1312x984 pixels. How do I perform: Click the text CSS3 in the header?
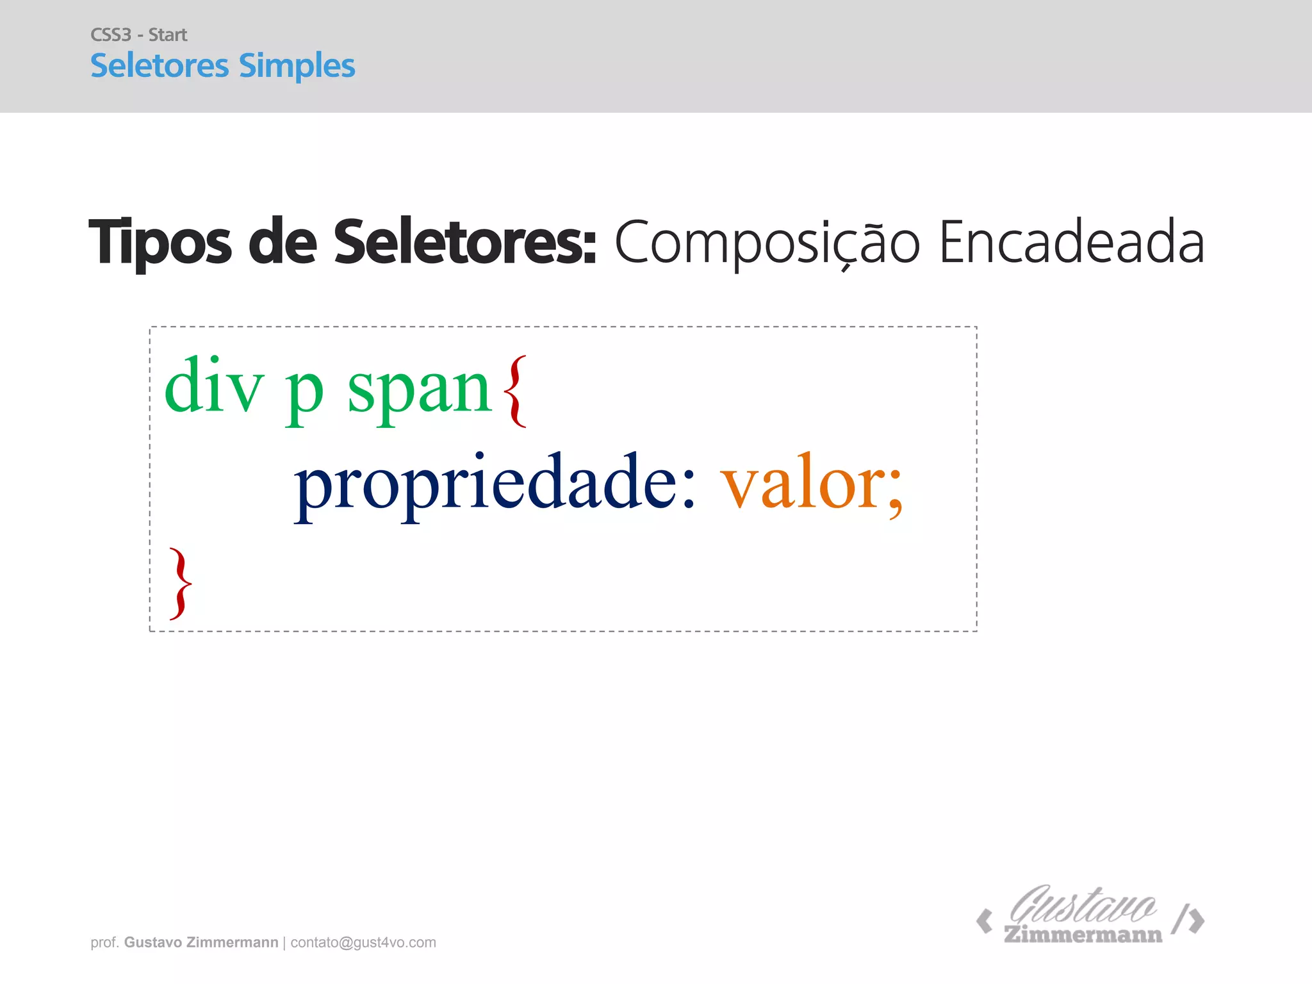[111, 35]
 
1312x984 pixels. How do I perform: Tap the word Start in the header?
[168, 35]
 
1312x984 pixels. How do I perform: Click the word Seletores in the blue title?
[160, 66]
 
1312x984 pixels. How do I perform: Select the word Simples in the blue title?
[297, 66]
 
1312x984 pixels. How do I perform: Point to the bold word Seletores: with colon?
[465, 242]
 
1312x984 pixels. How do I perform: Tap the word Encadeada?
[1071, 242]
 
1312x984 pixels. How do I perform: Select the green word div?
[214, 387]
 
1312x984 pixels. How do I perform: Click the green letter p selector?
[304, 393]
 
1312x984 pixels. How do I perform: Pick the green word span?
[420, 391]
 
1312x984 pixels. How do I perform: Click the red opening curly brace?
[515, 391]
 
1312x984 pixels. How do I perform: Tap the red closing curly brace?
[180, 583]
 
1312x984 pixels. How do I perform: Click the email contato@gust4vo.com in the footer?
[363, 942]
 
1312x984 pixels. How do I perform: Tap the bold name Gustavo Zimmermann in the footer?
[201, 942]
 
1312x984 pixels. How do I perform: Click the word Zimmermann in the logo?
[1083, 935]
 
